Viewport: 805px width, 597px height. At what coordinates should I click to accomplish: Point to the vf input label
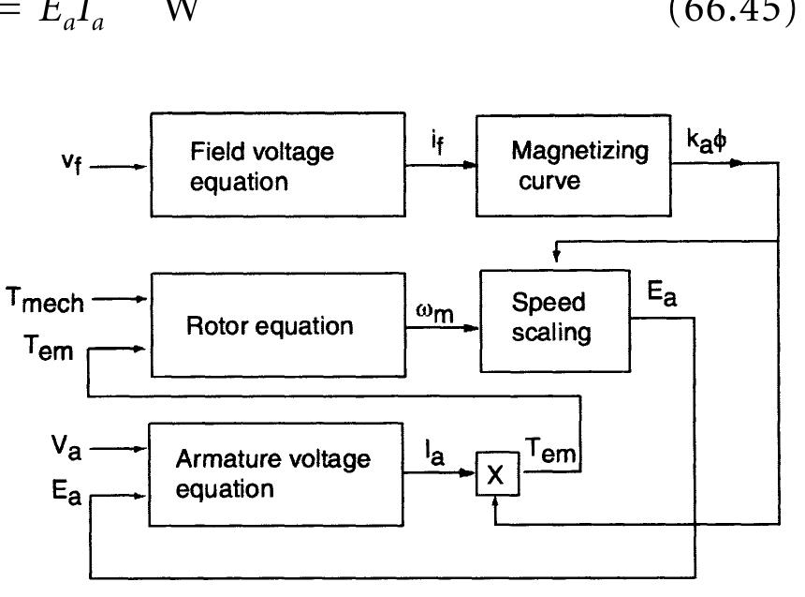[72, 165]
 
